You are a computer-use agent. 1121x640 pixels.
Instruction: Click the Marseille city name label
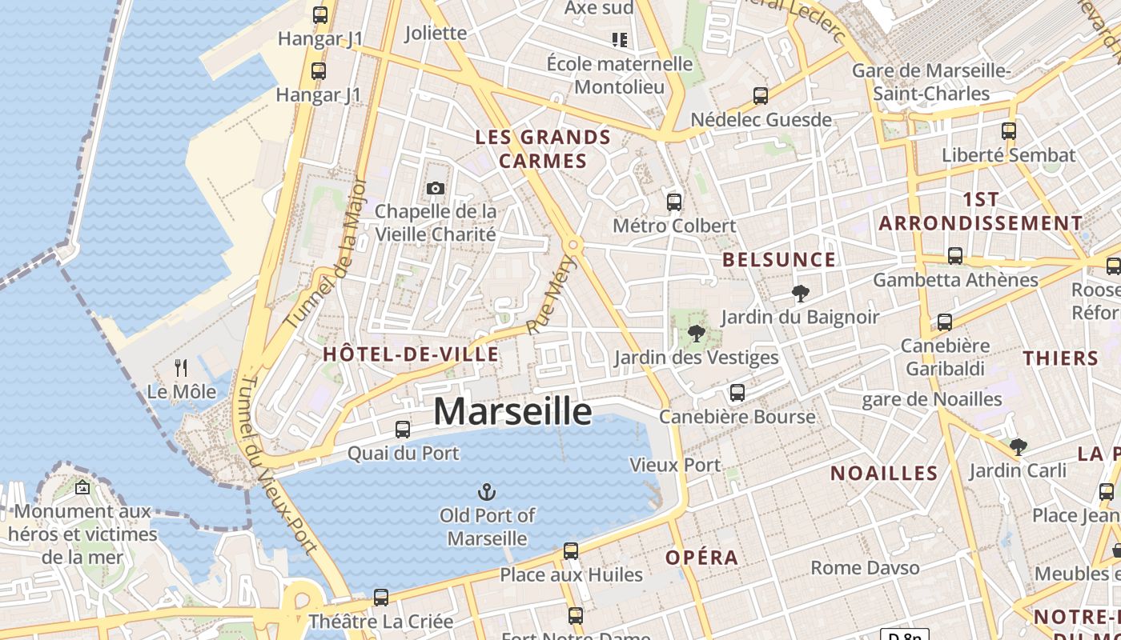(512, 411)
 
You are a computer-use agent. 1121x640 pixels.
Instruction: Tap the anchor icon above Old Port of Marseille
(487, 491)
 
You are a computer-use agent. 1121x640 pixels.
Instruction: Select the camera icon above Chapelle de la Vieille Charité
(436, 189)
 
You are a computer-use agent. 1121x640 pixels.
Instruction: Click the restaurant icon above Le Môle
(182, 368)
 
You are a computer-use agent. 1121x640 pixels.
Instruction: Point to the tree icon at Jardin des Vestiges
(696, 334)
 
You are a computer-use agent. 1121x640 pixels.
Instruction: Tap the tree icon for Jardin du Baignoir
(799, 294)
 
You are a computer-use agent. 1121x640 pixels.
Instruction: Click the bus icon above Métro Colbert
(674, 202)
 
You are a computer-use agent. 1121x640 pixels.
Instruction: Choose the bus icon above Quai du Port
(403, 430)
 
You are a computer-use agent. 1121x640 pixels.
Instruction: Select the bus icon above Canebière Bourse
(737, 393)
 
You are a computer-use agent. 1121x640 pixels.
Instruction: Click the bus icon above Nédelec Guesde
(761, 96)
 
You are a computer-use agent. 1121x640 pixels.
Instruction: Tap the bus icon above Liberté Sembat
(1009, 131)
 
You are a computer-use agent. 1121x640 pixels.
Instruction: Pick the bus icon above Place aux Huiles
(571, 551)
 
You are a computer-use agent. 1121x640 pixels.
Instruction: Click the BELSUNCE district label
(779, 260)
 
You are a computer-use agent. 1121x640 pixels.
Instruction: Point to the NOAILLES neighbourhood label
(884, 473)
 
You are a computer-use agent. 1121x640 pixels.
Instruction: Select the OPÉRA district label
(702, 558)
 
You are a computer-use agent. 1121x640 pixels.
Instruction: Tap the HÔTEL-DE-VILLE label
(411, 354)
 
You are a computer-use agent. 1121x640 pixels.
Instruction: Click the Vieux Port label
(675, 465)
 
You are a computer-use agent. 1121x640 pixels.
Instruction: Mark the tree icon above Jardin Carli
(1019, 446)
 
